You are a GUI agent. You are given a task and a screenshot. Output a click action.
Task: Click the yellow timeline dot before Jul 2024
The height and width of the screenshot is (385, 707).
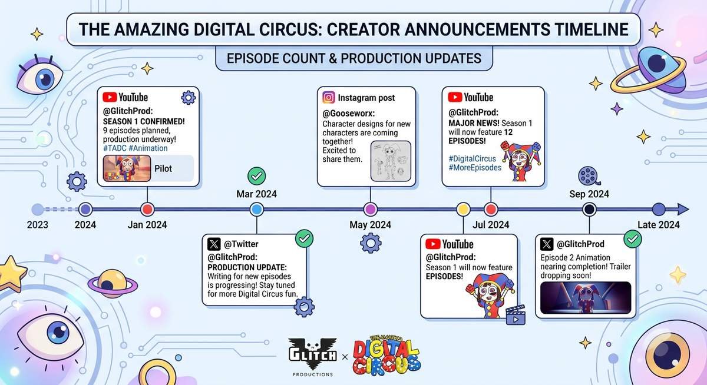point(463,210)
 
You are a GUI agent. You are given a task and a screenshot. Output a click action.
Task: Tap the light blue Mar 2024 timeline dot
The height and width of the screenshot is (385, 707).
point(257,210)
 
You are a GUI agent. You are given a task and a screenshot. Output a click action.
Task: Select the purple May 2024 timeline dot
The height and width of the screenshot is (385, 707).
point(370,210)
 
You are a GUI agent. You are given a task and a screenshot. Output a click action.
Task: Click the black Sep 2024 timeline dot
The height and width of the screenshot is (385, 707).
point(589,210)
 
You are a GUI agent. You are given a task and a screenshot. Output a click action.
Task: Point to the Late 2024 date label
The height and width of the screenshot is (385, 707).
point(659,225)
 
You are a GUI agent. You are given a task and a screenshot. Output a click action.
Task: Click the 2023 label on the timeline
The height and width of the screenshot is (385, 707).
point(38,225)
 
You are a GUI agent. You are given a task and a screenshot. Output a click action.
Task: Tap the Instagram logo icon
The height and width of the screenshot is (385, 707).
point(329,98)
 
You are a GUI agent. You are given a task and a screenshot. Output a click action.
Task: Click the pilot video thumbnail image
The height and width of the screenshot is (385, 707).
point(127,168)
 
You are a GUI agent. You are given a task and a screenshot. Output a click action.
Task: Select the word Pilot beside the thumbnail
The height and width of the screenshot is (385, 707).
point(163,169)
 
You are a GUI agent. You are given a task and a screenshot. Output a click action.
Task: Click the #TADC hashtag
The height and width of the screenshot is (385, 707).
point(114,148)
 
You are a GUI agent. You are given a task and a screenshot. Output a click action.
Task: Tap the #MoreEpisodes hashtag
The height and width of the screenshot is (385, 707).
point(475,167)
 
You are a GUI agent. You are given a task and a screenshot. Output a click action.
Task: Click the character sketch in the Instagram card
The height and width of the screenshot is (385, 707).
point(391,161)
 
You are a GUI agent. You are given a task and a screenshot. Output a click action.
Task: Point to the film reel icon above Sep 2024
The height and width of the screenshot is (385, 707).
point(589,176)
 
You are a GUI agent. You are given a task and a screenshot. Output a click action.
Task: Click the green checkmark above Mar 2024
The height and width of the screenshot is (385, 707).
point(257,176)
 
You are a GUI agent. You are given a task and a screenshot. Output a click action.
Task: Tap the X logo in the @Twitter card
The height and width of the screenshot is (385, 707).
point(214,244)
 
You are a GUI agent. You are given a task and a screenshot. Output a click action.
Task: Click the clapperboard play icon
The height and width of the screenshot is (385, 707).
point(516,316)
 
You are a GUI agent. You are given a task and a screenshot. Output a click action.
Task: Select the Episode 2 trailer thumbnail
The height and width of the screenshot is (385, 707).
point(586,298)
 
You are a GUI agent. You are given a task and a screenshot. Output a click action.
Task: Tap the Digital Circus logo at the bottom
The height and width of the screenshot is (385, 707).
point(386,356)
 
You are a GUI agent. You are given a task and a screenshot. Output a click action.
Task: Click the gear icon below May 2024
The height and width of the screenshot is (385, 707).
point(371,243)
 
